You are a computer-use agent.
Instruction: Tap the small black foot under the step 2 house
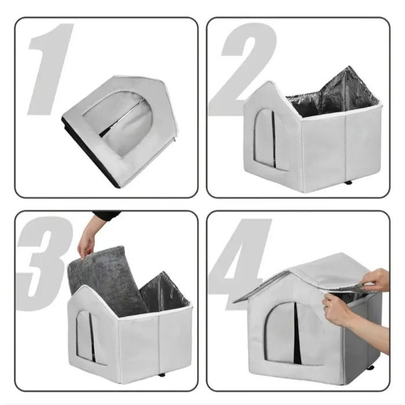348,183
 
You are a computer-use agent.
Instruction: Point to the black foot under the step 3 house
162,374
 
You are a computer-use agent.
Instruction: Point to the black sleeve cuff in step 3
106,216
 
